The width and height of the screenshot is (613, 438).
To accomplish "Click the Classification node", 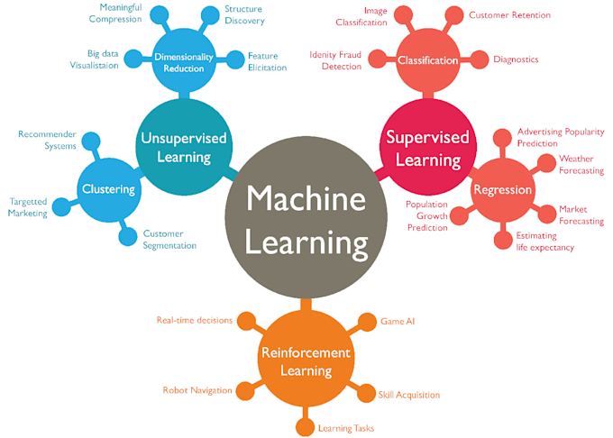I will coord(427,61).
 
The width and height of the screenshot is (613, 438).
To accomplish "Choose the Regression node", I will coord(503,190).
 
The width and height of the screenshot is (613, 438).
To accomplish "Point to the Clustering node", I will coord(108,189).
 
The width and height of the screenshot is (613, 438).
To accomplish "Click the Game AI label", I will coord(398,321).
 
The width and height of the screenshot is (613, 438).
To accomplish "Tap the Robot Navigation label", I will coord(197,390).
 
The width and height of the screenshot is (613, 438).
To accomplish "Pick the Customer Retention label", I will coord(509,15).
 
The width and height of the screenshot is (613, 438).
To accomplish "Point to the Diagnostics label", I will coord(516,59).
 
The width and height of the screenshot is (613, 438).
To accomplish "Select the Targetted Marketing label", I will coord(28,207).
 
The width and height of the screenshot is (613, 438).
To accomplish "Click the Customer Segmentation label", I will coord(169,240).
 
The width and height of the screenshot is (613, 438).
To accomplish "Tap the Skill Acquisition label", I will coord(409,395).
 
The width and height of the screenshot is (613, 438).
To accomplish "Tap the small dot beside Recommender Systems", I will coord(91,141).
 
